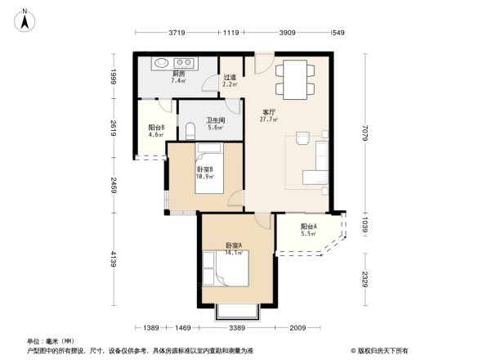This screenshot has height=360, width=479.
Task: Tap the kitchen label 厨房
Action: click(178, 72)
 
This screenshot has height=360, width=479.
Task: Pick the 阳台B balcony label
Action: click(156, 127)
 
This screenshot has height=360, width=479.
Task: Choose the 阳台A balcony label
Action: click(309, 226)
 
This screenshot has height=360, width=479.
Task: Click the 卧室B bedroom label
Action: click(204, 169)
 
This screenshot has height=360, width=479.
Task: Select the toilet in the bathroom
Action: click(190, 130)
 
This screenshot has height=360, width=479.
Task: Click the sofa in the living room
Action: click(317, 164)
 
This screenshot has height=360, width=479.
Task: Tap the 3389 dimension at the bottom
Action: click(238, 327)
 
